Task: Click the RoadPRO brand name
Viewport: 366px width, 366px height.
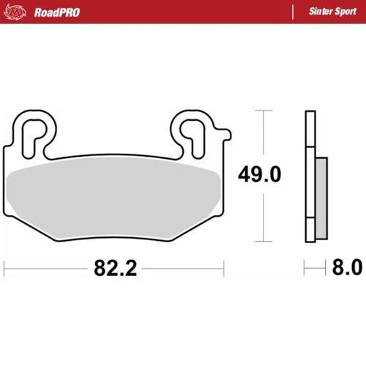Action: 56,12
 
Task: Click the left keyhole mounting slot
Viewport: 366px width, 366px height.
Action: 32,132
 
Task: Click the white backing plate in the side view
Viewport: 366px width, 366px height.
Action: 310,176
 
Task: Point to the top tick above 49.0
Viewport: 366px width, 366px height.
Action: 263,111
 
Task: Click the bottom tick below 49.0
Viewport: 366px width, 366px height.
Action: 263,241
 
